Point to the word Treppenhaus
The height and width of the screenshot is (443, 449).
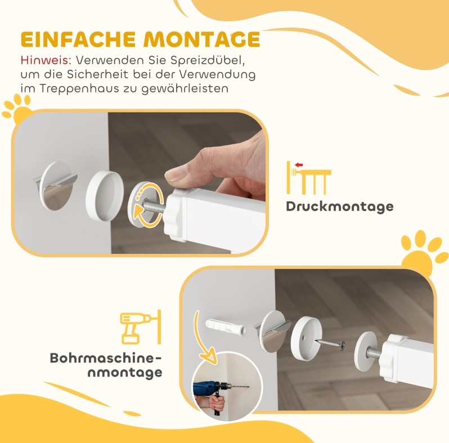pyautogui.click(x=79, y=88)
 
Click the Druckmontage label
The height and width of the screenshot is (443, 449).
pyautogui.click(x=340, y=207)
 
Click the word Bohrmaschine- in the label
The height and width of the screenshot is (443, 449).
pyautogui.click(x=106, y=359)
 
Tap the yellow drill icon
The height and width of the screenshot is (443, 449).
pyautogui.click(x=141, y=327)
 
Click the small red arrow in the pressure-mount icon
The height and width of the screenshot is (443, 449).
pyautogui.click(x=299, y=165)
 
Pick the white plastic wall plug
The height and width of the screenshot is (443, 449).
pyautogui.click(x=226, y=326)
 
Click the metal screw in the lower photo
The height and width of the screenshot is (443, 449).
pyautogui.click(x=330, y=343)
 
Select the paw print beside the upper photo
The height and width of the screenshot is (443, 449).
pyautogui.click(x=17, y=110)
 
